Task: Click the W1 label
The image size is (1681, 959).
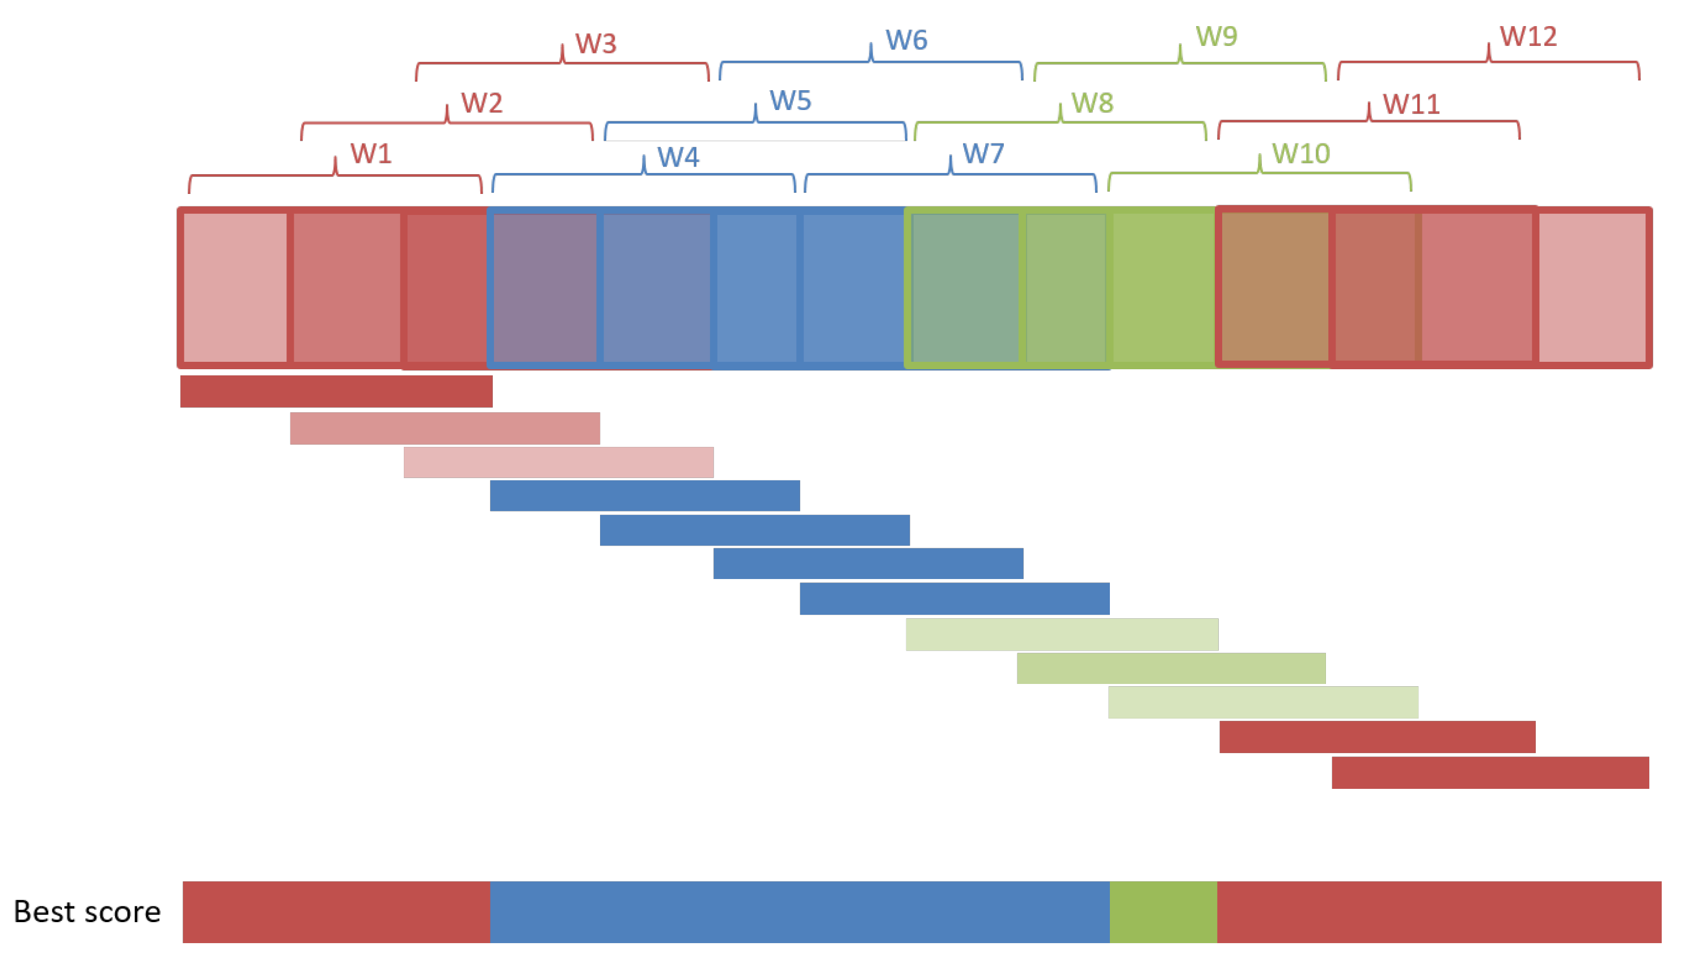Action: [371, 154]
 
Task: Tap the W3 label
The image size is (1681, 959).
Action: [595, 44]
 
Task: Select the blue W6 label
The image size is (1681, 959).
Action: [906, 40]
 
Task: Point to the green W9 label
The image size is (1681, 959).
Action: [1217, 36]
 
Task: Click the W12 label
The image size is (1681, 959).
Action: [1528, 36]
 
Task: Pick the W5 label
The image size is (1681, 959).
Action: [791, 101]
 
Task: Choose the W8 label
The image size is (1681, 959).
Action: [1092, 103]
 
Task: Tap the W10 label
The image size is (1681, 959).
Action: [1300, 154]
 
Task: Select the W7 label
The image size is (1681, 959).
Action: [983, 154]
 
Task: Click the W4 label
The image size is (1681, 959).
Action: [678, 157]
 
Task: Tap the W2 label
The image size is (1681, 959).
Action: [482, 103]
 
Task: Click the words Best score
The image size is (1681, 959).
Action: [87, 911]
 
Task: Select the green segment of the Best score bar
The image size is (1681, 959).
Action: [1163, 911]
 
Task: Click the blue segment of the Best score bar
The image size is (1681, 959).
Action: [799, 911]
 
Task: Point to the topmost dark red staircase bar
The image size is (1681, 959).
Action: [336, 391]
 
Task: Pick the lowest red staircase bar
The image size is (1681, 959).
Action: [1490, 772]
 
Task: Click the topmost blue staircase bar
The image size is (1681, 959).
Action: [644, 495]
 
